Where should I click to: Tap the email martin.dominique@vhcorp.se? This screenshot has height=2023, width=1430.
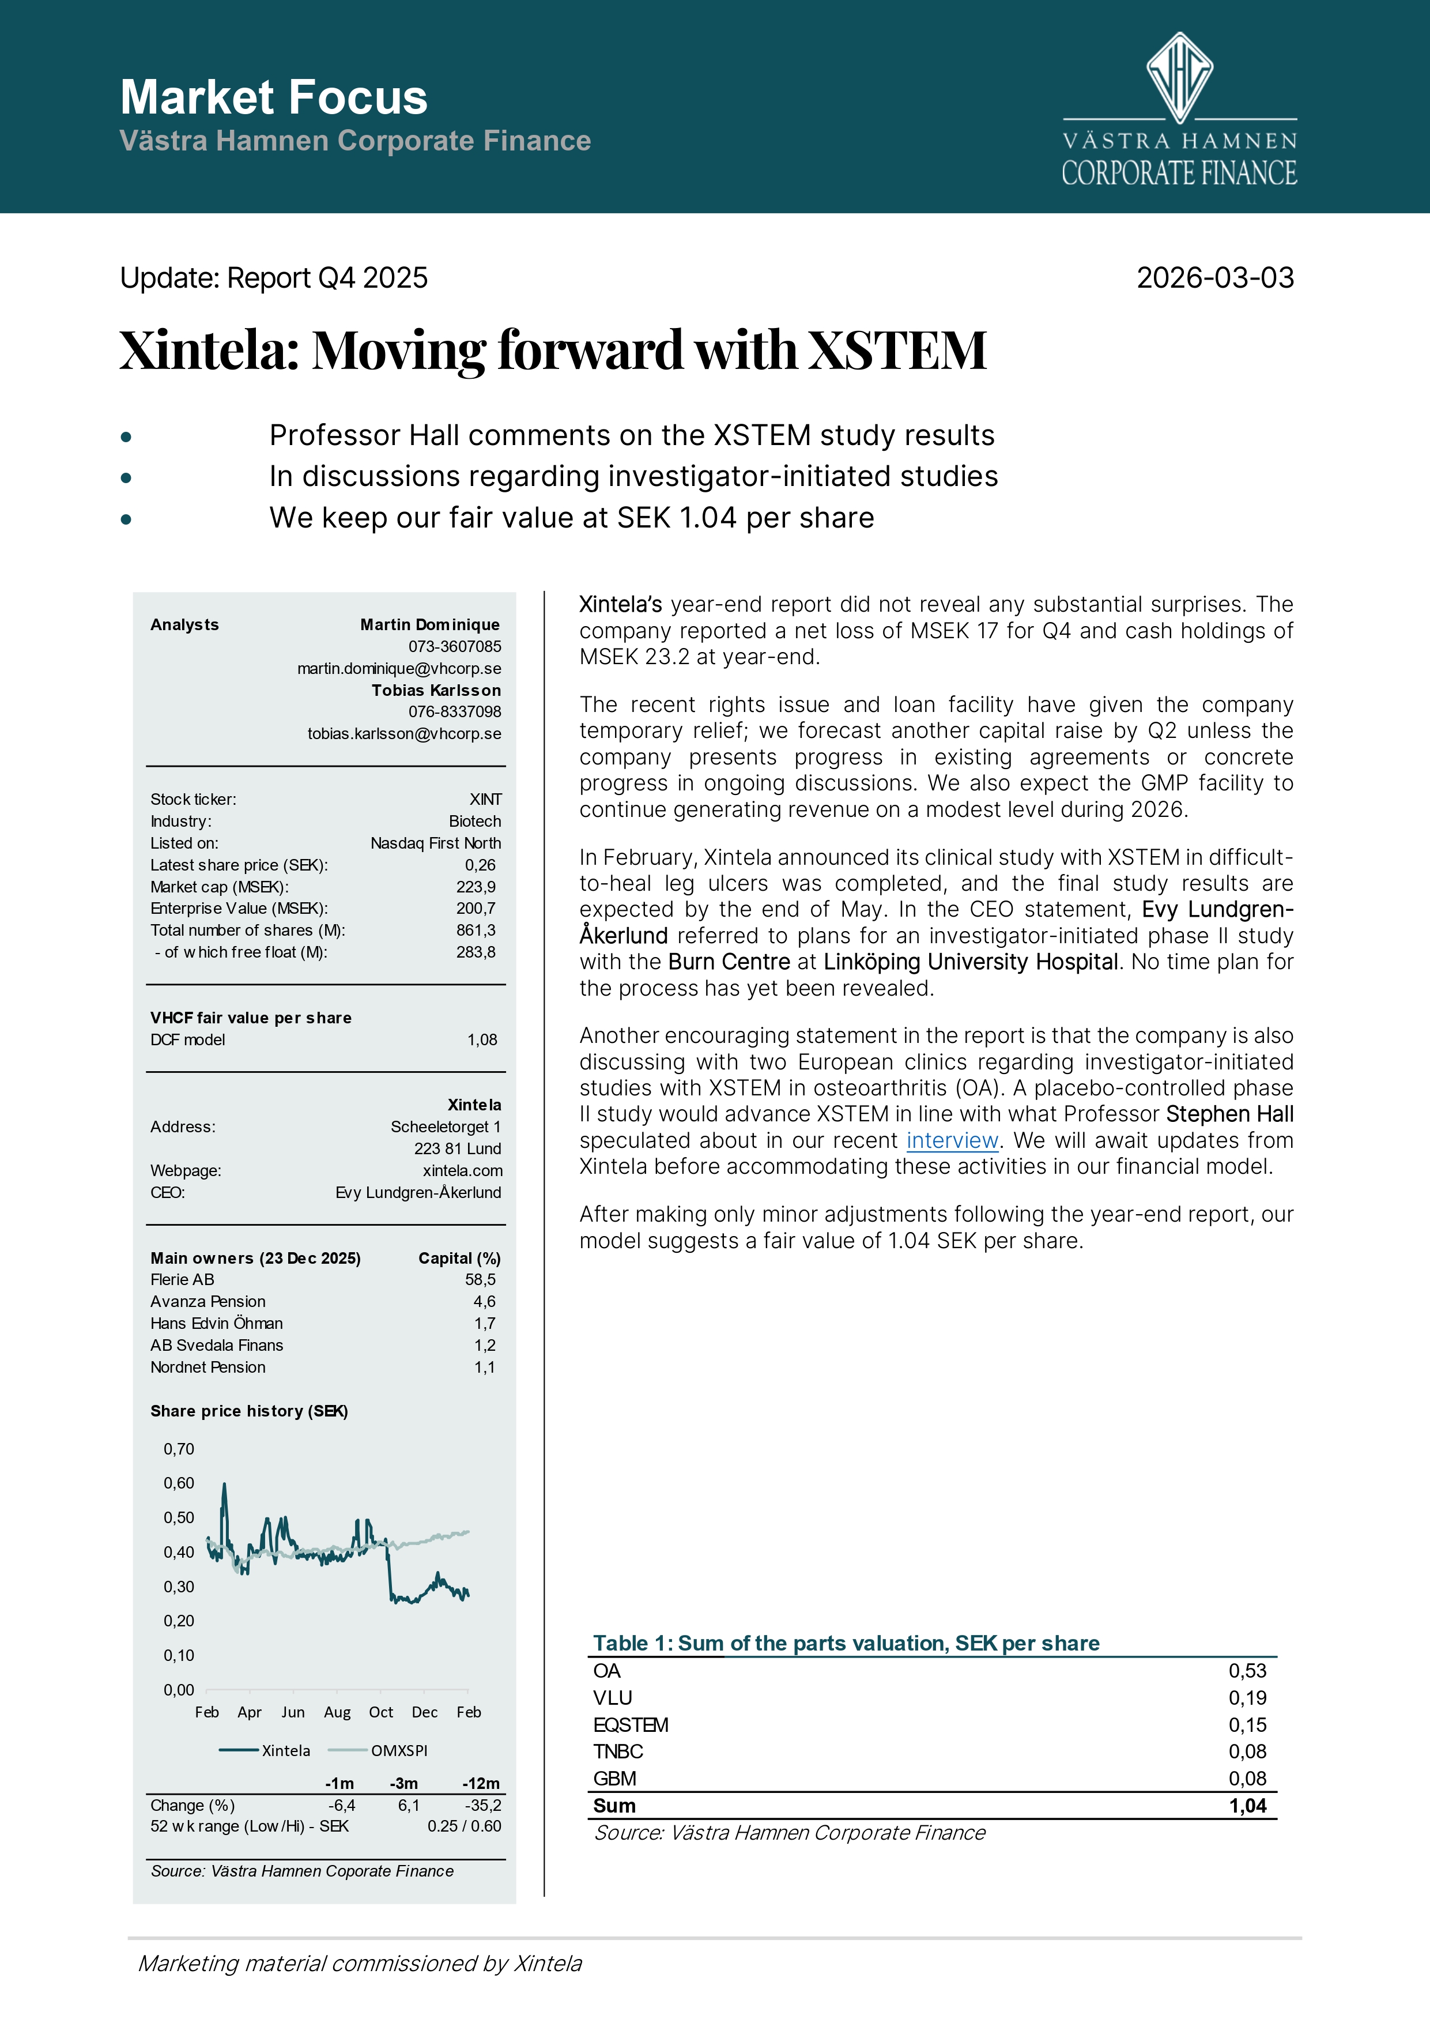tap(399, 669)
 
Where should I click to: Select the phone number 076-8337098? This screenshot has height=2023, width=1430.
tap(455, 712)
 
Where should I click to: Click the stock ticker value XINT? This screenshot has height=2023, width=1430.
tap(485, 799)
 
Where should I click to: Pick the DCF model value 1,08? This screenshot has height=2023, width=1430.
tap(482, 1039)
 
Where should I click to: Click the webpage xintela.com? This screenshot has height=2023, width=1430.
tap(463, 1171)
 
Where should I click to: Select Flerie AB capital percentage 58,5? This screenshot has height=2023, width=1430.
tap(480, 1279)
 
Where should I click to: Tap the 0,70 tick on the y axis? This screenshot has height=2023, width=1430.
tap(179, 1449)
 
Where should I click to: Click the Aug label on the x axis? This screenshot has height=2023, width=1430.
tap(337, 1712)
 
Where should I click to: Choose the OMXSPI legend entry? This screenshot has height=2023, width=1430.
tap(398, 1751)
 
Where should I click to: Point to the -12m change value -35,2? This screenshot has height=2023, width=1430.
tap(483, 1806)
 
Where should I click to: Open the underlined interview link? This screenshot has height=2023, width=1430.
tap(952, 1141)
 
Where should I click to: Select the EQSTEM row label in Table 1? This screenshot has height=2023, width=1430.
tap(631, 1725)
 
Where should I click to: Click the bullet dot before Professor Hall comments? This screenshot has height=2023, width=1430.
tap(126, 437)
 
